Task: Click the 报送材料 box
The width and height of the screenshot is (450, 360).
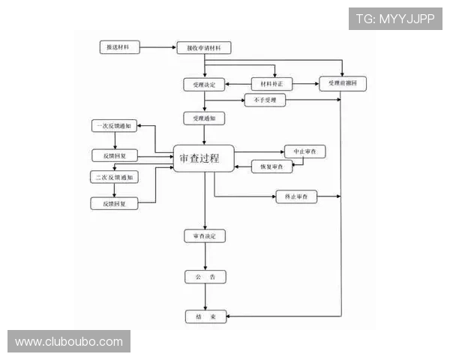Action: (x=118, y=47)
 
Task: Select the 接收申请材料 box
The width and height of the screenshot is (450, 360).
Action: (x=204, y=48)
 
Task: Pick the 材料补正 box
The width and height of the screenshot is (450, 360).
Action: (x=271, y=84)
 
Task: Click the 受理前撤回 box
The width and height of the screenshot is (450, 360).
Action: (x=343, y=84)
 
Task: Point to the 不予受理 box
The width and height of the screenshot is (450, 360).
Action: (x=265, y=100)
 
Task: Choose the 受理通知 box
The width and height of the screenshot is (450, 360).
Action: (x=204, y=118)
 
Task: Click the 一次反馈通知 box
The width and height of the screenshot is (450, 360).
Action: (x=115, y=126)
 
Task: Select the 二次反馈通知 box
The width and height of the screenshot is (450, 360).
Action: (x=115, y=177)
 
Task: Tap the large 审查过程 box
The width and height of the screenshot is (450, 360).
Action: (x=204, y=159)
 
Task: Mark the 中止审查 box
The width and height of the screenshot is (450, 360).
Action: (x=304, y=151)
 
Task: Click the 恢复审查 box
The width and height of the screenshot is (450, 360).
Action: (x=271, y=166)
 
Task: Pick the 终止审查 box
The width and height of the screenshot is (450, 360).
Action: (x=296, y=196)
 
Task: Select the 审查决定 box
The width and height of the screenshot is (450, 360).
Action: (x=205, y=236)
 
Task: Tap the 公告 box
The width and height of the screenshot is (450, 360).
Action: (x=205, y=277)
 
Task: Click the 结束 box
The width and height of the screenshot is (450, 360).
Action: (x=205, y=317)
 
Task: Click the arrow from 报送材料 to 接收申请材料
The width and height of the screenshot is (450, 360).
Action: (x=157, y=47)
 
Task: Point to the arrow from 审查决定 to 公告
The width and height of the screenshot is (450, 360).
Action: (x=205, y=256)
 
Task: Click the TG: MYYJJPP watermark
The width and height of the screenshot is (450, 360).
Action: (x=395, y=19)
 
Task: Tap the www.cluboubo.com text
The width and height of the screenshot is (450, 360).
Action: (x=69, y=342)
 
